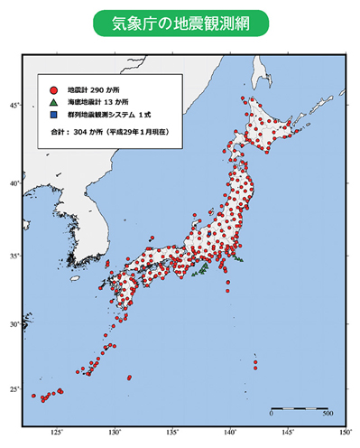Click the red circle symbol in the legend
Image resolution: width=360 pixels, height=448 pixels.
[x=54, y=90]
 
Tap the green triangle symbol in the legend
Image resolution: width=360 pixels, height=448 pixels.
[x=54, y=103]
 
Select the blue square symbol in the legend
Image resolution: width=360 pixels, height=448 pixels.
[x=54, y=116]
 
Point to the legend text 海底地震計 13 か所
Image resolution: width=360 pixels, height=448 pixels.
[x=97, y=103]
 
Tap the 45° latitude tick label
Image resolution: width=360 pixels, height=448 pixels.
[x=14, y=106]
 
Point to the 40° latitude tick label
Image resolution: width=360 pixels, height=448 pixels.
[x=14, y=183]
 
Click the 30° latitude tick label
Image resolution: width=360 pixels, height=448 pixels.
[x=14, y=324]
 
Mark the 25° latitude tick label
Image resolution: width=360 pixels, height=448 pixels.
[x=14, y=389]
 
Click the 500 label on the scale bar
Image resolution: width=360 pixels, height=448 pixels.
[x=328, y=415]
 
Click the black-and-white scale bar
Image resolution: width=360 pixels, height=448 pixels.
[x=300, y=406]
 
